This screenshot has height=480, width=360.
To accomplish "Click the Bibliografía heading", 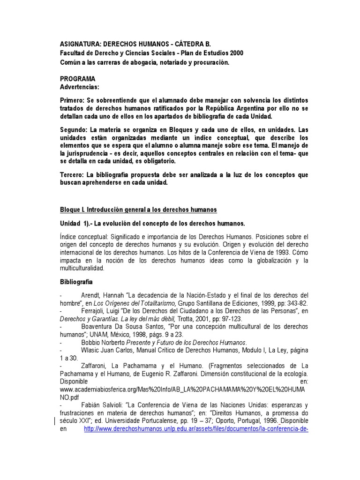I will coord(76,282).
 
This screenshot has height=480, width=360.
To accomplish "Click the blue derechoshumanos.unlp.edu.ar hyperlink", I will coord(195,428).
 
